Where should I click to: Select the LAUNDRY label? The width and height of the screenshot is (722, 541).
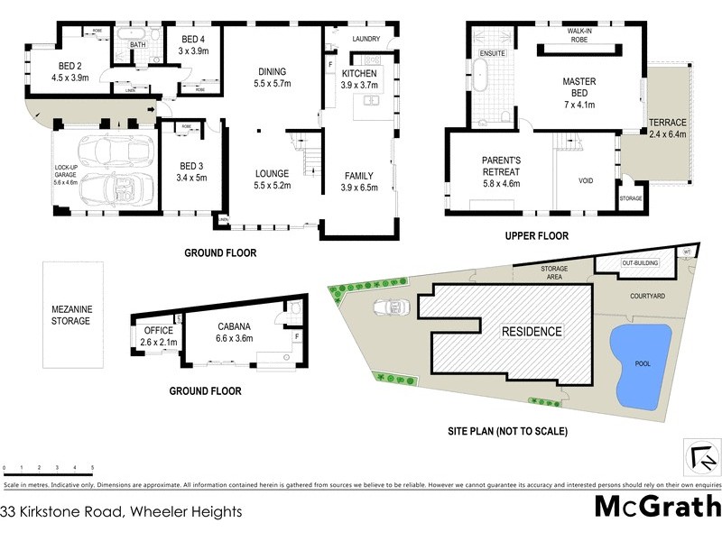[366, 39]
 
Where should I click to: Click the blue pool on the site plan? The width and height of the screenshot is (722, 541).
[640, 363]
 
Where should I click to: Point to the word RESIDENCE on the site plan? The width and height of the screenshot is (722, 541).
[532, 331]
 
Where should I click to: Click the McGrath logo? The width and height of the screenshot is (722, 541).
[658, 507]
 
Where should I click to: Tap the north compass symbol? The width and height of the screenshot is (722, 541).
[701, 458]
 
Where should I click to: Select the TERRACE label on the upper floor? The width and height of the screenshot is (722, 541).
[668, 128]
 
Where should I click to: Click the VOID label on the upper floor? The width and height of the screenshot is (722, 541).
[587, 180]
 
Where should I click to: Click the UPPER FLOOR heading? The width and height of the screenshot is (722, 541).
[536, 235]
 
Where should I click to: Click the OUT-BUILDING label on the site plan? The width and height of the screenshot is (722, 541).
[642, 262]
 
